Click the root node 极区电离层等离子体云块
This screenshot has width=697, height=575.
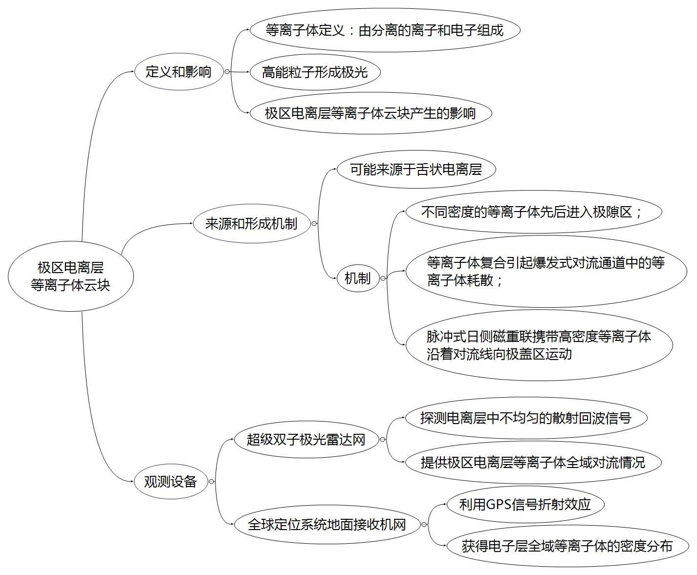(x=70, y=277)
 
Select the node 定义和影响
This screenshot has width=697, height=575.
(x=178, y=72)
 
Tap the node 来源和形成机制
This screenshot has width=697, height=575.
(x=251, y=224)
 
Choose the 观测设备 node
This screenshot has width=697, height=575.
(x=171, y=482)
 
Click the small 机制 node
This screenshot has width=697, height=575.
(x=358, y=278)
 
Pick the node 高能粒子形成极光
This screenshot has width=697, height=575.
(x=315, y=72)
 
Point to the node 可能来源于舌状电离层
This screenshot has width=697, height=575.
(x=416, y=170)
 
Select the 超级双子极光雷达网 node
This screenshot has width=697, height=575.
(x=306, y=440)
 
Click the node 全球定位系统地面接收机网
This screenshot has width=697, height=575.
(x=327, y=525)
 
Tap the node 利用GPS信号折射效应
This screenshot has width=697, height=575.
(x=525, y=504)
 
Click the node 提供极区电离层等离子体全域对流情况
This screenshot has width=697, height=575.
(x=533, y=462)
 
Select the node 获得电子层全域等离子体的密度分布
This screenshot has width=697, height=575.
(x=567, y=546)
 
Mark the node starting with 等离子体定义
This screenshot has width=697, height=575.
(x=385, y=30)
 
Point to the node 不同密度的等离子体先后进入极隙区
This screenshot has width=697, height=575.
(x=533, y=212)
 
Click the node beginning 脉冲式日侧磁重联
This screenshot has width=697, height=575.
(x=539, y=345)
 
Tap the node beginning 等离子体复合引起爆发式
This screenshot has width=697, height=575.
(x=546, y=272)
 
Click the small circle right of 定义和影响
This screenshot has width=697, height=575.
(x=227, y=72)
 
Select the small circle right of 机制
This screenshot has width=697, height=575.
(x=383, y=278)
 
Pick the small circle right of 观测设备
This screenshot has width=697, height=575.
(x=211, y=482)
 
